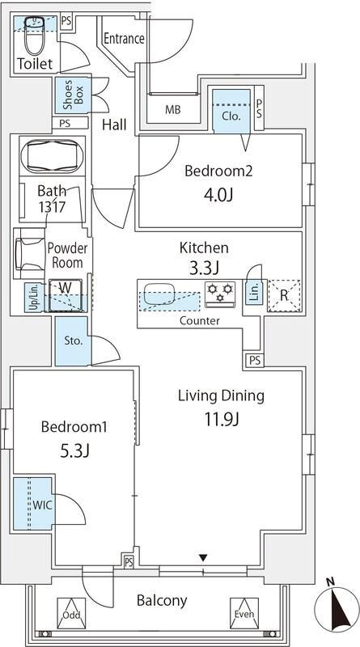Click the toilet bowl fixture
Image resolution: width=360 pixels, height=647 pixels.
34,35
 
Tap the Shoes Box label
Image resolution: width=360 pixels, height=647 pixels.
74,95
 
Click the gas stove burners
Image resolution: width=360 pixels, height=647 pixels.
220,294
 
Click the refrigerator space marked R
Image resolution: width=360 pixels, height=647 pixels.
285,295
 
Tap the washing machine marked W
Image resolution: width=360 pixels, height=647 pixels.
65,294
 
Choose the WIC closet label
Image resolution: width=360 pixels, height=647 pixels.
43,505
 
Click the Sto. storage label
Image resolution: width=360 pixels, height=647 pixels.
74,340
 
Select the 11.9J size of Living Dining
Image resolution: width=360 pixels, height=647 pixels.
222,420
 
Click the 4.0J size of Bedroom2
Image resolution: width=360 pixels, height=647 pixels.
218,195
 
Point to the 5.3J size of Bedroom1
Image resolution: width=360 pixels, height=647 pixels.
74,451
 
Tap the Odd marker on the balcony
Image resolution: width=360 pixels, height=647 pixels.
71,614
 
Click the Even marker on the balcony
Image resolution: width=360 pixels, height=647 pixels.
244,613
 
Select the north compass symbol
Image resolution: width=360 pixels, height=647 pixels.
336,605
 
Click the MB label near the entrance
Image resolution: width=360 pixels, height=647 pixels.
173,110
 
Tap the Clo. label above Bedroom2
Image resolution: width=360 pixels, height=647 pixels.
231,116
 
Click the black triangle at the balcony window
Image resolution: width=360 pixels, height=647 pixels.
203,558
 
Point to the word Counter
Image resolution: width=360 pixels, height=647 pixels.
199,320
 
